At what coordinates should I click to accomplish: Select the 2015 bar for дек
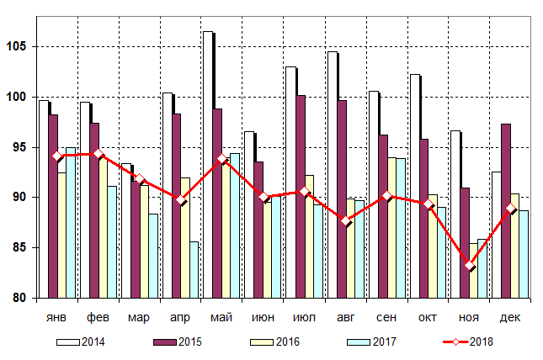(506, 210)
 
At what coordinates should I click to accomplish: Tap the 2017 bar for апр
(194, 269)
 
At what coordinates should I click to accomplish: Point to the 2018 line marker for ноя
(469, 266)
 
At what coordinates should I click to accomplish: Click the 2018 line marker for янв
(56, 156)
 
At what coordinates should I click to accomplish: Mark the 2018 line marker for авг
(345, 221)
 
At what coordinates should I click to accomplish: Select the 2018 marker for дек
(510, 209)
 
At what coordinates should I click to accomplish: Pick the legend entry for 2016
(285, 341)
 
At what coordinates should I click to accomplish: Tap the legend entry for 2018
(480, 341)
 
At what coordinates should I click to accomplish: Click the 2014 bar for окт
(413, 186)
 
